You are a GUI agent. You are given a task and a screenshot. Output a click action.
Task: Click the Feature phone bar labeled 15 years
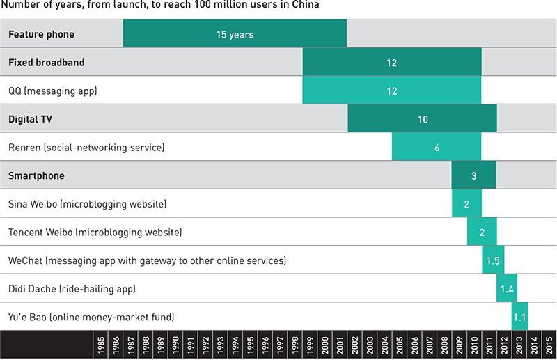pyautogui.click(x=235, y=34)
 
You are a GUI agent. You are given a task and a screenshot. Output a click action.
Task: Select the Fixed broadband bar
pyautogui.click(x=391, y=63)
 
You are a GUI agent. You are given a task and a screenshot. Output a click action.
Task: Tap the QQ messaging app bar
pyautogui.click(x=391, y=91)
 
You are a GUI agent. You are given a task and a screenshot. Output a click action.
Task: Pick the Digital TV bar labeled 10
pyautogui.click(x=422, y=119)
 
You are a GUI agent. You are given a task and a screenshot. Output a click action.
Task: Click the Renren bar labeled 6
pyautogui.click(x=437, y=148)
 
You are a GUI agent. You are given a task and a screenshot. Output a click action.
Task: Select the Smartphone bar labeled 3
pyautogui.click(x=473, y=175)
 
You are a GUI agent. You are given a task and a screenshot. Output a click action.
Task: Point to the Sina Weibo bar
pyautogui.click(x=466, y=204)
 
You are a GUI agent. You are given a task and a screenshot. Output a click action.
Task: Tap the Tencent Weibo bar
pyautogui.click(x=482, y=233)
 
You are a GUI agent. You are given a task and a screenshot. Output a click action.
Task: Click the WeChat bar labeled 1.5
pyautogui.click(x=493, y=260)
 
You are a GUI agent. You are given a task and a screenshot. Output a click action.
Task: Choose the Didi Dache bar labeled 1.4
pyautogui.click(x=507, y=289)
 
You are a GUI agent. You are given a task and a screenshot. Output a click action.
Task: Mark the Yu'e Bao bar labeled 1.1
pyautogui.click(x=519, y=318)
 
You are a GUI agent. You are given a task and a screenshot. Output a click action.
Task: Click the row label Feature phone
pyautogui.click(x=41, y=34)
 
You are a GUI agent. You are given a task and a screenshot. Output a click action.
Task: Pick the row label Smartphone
pyautogui.click(x=36, y=175)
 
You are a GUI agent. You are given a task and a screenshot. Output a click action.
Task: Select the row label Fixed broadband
pyautogui.click(x=46, y=63)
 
